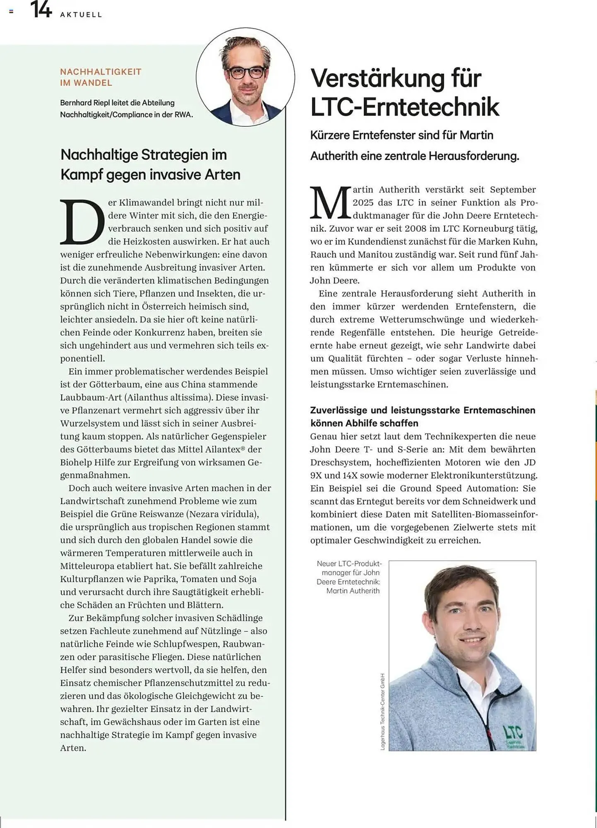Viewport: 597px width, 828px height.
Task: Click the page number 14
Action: [x=41, y=10]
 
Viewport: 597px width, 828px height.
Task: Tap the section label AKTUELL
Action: [x=81, y=15]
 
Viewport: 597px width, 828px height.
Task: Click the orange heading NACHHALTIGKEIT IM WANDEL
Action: [x=101, y=77]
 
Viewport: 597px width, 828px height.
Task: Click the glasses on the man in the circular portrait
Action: [x=247, y=73]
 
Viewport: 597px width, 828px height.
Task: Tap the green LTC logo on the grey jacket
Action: [x=513, y=733]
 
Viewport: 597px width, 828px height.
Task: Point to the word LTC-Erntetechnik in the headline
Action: [x=404, y=107]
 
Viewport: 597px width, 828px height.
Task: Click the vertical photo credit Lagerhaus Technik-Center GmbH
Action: [x=382, y=711]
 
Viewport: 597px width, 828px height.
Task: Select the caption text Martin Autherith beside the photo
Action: [x=353, y=591]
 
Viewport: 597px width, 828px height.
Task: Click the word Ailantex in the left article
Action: [x=225, y=449]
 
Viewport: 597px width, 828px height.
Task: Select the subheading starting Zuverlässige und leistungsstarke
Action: [x=423, y=416]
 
